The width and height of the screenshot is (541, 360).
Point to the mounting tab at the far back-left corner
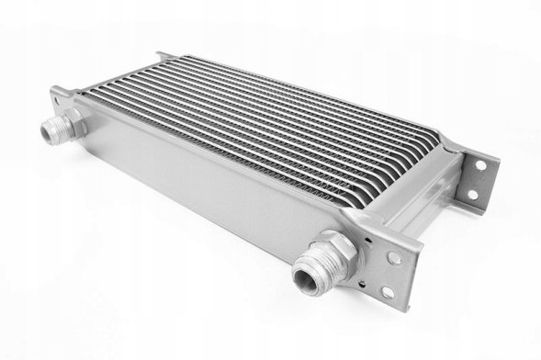(x=161, y=57)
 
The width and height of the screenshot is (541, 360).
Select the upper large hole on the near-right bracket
(x=396, y=259)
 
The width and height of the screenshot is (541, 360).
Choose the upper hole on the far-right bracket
(x=479, y=165)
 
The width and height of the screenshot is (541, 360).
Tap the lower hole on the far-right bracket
(x=472, y=194)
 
